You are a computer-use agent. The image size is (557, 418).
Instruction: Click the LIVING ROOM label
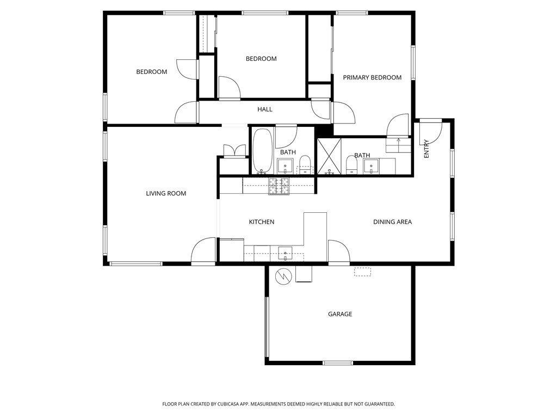pos(166,193)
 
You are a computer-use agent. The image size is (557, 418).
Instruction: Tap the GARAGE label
pos(340,314)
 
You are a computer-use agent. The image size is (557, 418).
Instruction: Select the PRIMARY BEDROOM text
pos(372,77)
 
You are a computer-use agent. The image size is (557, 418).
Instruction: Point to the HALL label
pos(265,109)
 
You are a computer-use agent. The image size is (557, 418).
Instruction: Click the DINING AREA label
pos(392,222)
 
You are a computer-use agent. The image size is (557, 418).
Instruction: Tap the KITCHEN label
pos(262,222)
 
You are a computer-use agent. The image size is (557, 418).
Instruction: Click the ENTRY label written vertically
pos(426,149)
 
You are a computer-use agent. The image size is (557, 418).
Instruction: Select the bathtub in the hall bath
pos(263,151)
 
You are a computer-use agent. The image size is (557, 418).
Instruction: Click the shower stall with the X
pos(329,156)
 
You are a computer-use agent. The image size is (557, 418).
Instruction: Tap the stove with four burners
pos(279,186)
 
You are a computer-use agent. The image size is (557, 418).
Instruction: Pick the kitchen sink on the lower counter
pos(285,254)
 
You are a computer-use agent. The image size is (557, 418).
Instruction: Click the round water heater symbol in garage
pos(283,276)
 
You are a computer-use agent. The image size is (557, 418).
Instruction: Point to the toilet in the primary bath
pos(351,165)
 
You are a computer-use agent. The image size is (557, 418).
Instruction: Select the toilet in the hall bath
pos(305,165)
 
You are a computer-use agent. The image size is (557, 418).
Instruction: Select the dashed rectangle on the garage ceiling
pos(362,272)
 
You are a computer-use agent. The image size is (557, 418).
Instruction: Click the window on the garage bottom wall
pos(338,363)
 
